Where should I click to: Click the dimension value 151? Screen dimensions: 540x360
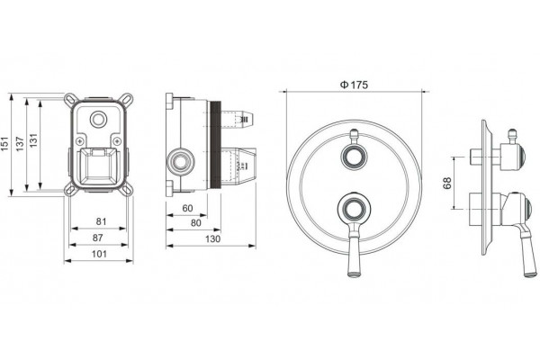click(5, 144)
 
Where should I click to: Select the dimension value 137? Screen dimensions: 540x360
click(20, 144)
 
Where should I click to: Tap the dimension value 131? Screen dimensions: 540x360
click(33, 140)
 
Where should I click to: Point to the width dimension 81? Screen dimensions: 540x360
click(101, 221)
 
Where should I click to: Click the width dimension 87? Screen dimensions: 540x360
click(97, 238)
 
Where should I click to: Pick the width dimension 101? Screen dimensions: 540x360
click(99, 254)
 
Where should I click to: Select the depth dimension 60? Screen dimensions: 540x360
click(187, 209)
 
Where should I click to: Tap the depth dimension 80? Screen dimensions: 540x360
click(195, 223)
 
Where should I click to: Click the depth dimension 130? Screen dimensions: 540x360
click(212, 238)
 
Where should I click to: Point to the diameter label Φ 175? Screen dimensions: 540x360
click(354, 85)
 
